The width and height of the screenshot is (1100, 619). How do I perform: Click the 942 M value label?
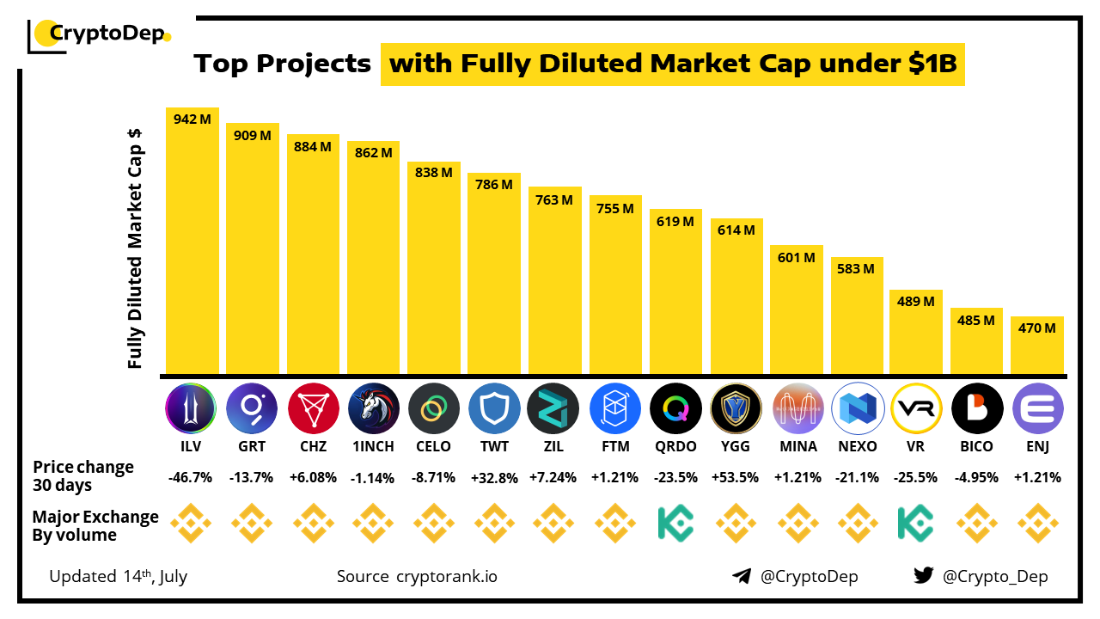pos(192,120)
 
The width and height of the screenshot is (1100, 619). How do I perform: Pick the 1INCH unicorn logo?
pos(373,408)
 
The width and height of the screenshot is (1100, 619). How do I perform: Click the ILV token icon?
pos(191,408)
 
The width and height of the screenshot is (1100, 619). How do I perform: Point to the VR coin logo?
pos(916,408)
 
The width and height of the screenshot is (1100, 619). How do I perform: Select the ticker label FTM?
pos(616,446)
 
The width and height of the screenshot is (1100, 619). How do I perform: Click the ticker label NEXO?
pos(857,446)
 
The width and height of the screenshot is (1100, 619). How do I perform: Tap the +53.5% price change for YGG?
pos(736,477)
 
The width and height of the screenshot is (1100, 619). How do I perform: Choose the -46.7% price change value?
pos(191,477)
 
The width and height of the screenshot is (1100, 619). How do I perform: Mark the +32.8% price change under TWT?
pos(494,477)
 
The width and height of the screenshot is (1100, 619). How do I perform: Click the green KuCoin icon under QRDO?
pos(675,523)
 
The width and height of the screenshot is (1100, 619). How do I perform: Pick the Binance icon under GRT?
pos(252,523)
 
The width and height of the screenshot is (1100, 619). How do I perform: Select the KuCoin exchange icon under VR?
pos(916,523)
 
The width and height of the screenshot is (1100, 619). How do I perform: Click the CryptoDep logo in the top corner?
pos(100,34)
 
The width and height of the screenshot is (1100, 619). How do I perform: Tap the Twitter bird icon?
pos(924,576)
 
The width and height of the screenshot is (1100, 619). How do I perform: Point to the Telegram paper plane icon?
pos(742,576)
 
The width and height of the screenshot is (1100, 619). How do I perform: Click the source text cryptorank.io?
pos(446,576)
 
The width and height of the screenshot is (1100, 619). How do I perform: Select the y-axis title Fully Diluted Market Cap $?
pos(135,248)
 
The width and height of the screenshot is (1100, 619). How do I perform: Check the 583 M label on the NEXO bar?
pos(856,269)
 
